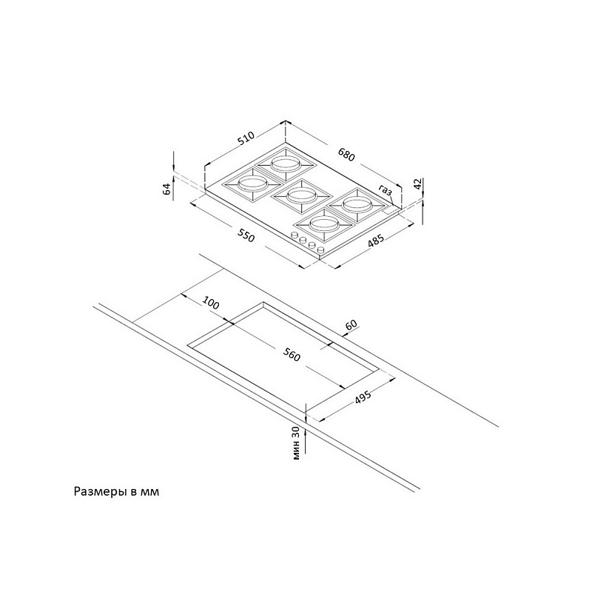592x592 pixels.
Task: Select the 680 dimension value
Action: (347, 156)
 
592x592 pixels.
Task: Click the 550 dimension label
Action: (246, 238)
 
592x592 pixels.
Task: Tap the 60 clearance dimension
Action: (351, 325)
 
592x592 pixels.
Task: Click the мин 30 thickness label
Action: (296, 443)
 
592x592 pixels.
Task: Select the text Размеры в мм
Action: (116, 491)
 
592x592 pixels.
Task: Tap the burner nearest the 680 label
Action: (284, 163)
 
